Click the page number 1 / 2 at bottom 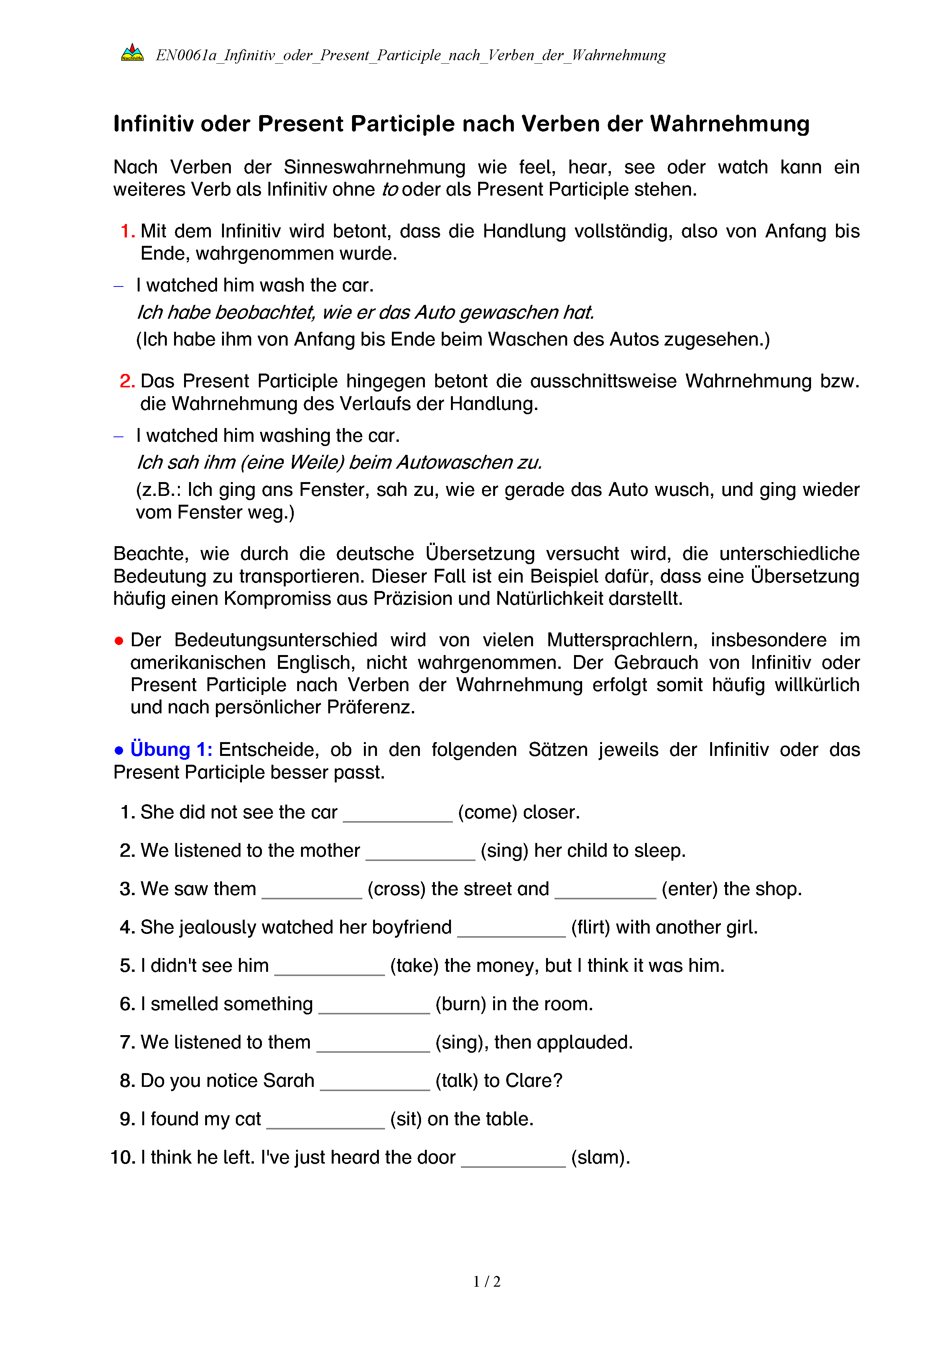(487, 1282)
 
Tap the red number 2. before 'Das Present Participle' (127, 381)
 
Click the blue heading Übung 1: (171, 750)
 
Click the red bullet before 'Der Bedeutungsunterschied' (119, 641)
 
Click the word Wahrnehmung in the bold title (730, 124)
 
